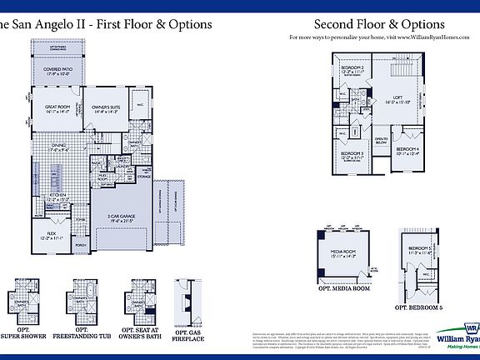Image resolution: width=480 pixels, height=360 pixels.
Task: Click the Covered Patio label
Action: [58, 69]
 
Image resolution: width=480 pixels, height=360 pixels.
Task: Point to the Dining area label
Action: [58, 147]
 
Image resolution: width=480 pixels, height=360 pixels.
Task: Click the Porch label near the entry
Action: [82, 246]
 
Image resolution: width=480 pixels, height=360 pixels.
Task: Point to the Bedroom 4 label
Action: [408, 151]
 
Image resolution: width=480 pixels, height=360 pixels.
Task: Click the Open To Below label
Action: [381, 141]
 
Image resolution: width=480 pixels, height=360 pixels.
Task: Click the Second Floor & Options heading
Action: [379, 25]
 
